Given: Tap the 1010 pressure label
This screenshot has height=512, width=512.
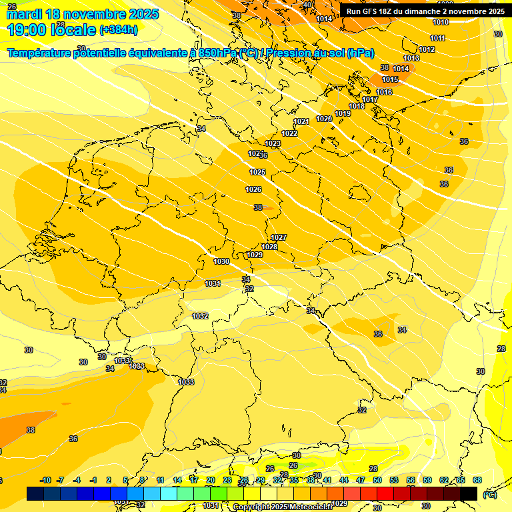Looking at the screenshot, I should pos(441,23).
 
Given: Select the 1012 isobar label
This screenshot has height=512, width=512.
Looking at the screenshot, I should pos(427,49).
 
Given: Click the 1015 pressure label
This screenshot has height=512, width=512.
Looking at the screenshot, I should pos(390,80).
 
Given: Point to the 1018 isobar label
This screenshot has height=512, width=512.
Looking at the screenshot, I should pos(357,107).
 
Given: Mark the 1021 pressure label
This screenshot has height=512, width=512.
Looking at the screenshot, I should pos(301,122).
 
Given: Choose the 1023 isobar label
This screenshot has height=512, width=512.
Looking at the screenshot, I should pos(273,144).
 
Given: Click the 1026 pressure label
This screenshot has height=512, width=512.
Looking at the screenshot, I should pos(253,190).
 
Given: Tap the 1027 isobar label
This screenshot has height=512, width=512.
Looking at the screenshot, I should pos(279,238).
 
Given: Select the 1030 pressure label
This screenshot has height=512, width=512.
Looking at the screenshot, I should pos(221,262).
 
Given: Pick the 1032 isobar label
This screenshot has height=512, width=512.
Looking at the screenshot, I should pos(200,316).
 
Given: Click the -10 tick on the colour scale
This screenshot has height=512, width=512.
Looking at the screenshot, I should pos(46,480).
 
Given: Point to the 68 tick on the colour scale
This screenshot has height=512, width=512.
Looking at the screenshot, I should pos(477,480).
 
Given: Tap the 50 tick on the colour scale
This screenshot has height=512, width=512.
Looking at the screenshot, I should pos(377,480).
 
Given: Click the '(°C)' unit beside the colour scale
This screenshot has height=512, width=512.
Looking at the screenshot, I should pos(489,495).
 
